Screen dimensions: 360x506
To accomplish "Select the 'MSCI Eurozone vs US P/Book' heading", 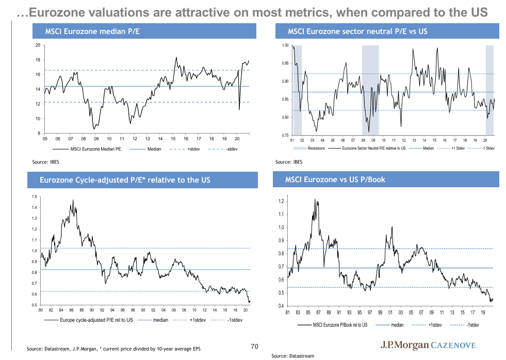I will click(x=335, y=180).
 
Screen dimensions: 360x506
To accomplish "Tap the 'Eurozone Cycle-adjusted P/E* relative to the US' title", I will click(x=125, y=180).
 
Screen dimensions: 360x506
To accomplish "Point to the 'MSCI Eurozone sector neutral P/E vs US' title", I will click(x=357, y=32).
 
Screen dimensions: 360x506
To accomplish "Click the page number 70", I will click(x=254, y=347).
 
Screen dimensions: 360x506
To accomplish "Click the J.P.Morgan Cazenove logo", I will click(x=428, y=345).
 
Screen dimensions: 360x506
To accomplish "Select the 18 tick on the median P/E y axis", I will click(x=37, y=60).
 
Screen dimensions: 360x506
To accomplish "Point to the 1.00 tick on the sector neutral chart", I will click(x=285, y=46).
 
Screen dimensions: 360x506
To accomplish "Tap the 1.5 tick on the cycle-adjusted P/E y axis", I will click(x=35, y=197).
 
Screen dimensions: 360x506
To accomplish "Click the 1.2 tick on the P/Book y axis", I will click(x=281, y=201).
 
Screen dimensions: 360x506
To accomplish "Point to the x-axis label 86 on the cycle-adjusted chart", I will click(x=71, y=310).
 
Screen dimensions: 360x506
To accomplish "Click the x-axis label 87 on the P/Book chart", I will click(x=319, y=312).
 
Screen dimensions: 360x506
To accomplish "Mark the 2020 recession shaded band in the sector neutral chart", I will click(x=489, y=90).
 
